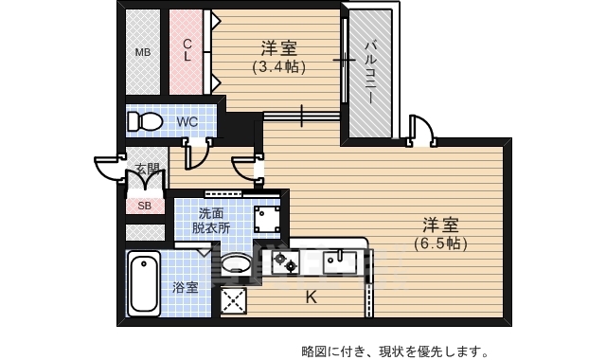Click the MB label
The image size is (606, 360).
[143, 52]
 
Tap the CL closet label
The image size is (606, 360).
[187, 49]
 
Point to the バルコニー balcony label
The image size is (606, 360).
[370, 72]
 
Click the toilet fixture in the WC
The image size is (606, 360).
[146, 122]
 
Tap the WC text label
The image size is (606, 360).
[187, 122]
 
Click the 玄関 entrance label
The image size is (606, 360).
[147, 170]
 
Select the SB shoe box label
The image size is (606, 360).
[145, 206]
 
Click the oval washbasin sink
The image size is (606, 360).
[237, 263]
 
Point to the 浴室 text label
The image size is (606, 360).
[186, 287]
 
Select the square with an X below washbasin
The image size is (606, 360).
[233, 301]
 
